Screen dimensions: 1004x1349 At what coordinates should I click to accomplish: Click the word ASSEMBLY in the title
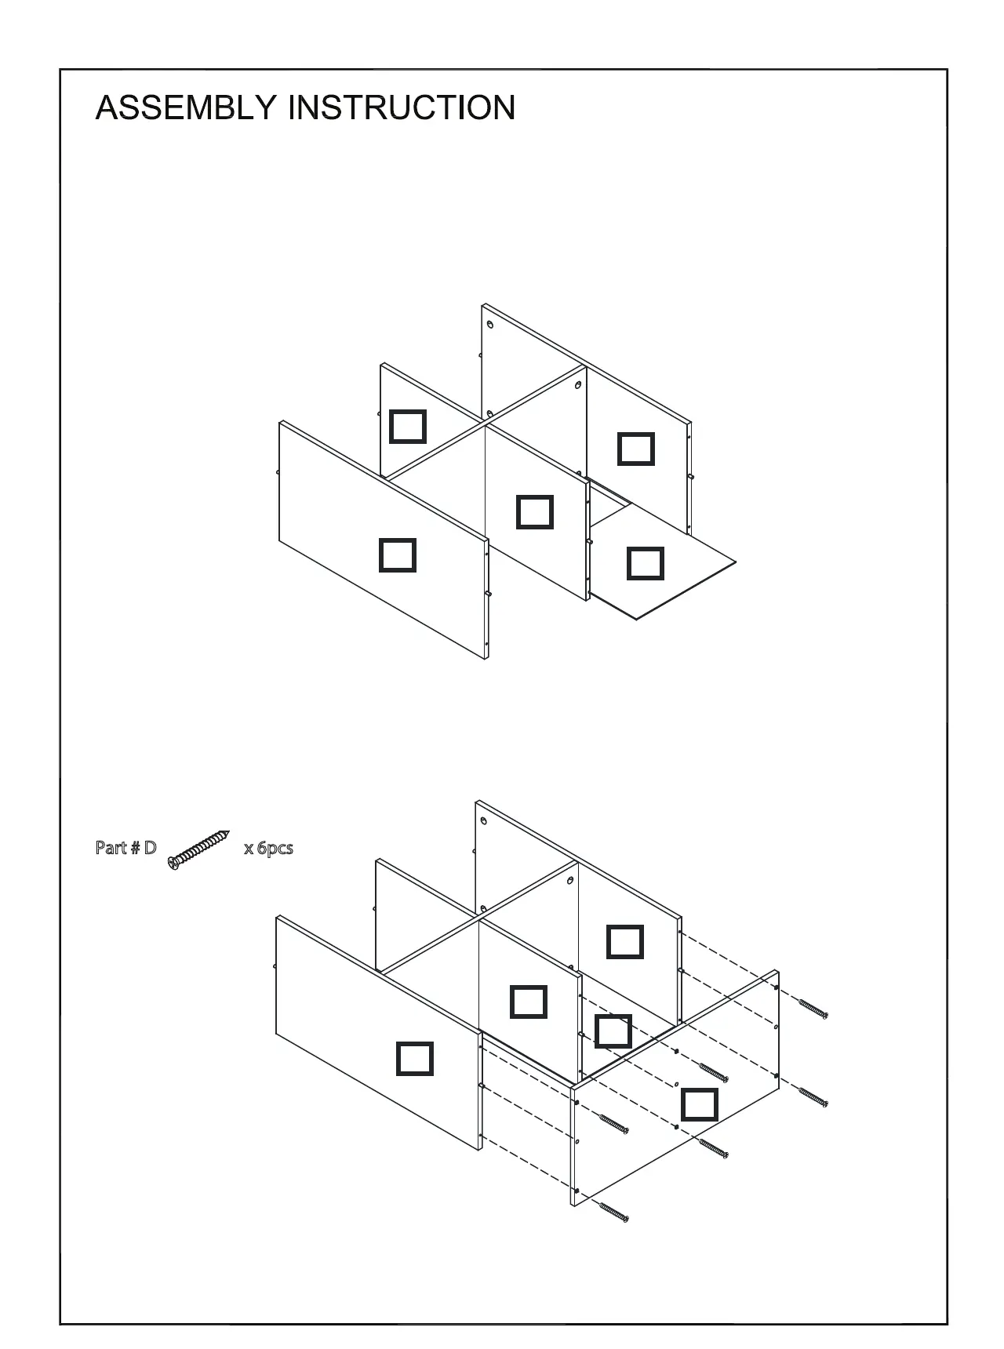click(185, 108)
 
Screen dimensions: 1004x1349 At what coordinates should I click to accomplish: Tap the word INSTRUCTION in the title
click(402, 108)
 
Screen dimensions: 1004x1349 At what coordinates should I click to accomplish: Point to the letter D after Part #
click(150, 848)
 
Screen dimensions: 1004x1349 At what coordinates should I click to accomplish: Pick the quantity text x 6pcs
click(268, 848)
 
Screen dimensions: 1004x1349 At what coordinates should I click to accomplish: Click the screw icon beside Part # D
click(199, 850)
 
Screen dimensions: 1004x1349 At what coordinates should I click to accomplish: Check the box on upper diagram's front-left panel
click(398, 555)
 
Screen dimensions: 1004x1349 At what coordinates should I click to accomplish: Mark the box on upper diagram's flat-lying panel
click(646, 563)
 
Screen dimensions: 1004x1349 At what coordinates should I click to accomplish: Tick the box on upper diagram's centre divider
click(535, 512)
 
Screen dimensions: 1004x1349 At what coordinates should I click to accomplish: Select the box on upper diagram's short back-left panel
click(408, 427)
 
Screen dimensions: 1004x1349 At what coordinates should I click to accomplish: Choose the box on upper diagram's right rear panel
click(636, 449)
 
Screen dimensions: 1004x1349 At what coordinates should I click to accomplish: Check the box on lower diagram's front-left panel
click(415, 1059)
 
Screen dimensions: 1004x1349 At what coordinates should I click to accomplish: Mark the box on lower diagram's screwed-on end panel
click(700, 1104)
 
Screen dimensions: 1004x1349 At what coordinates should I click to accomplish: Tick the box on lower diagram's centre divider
click(529, 1002)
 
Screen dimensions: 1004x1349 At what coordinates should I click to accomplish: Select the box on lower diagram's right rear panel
click(625, 942)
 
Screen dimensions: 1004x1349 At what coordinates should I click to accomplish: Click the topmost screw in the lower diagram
click(813, 1009)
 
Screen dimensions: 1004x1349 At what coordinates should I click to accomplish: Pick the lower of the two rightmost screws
click(813, 1097)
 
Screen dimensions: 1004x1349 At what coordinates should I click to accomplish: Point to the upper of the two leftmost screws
click(614, 1124)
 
